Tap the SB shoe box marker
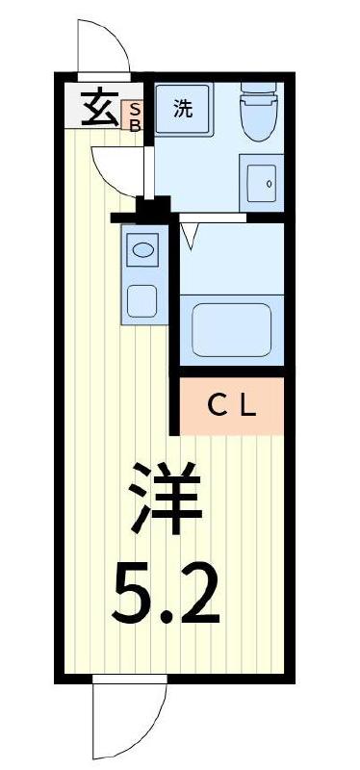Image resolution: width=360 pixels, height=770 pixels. pyautogui.click(x=135, y=117)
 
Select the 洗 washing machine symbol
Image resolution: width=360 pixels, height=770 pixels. pyautogui.click(x=183, y=109)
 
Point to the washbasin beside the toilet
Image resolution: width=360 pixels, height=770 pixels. pyautogui.click(x=262, y=181)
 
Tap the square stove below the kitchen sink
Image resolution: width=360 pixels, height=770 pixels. pyautogui.click(x=141, y=299)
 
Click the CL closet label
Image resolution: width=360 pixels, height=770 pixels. pyautogui.click(x=233, y=406)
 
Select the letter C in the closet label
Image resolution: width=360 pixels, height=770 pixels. pyautogui.click(x=219, y=406)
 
